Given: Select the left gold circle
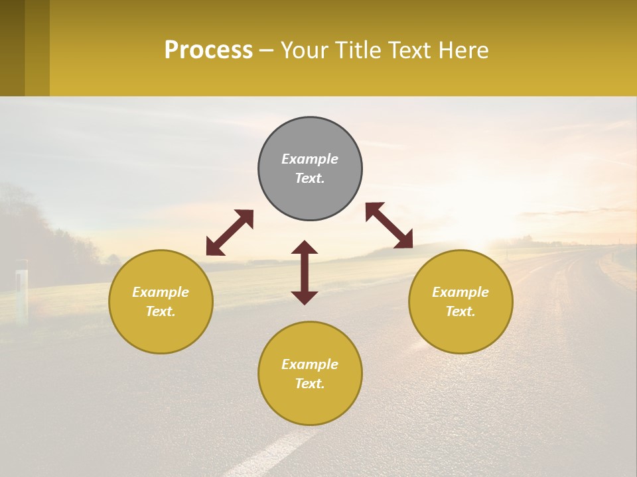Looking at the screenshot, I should coord(161,301).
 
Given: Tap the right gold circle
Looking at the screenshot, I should coord(460,301).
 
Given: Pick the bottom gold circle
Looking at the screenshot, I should coord(310,374).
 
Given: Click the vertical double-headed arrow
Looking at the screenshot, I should coord(305,273).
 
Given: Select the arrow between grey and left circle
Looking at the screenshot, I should coord(230,233).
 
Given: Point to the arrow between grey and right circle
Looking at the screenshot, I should coord(389,225).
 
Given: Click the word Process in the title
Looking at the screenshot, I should coord(208,50).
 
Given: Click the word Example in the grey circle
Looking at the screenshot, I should coord(310,159).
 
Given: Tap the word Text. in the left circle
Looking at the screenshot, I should coord(161,311).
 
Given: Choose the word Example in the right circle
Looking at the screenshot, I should coord(460,292).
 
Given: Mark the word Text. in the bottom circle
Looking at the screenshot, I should coord(310,384).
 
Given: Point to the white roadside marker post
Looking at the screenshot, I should coord(22,291).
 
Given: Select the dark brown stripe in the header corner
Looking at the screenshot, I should coord(12,48).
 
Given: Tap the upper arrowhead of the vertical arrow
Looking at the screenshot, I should coord(305,248).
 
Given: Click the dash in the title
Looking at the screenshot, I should coord(267,50).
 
